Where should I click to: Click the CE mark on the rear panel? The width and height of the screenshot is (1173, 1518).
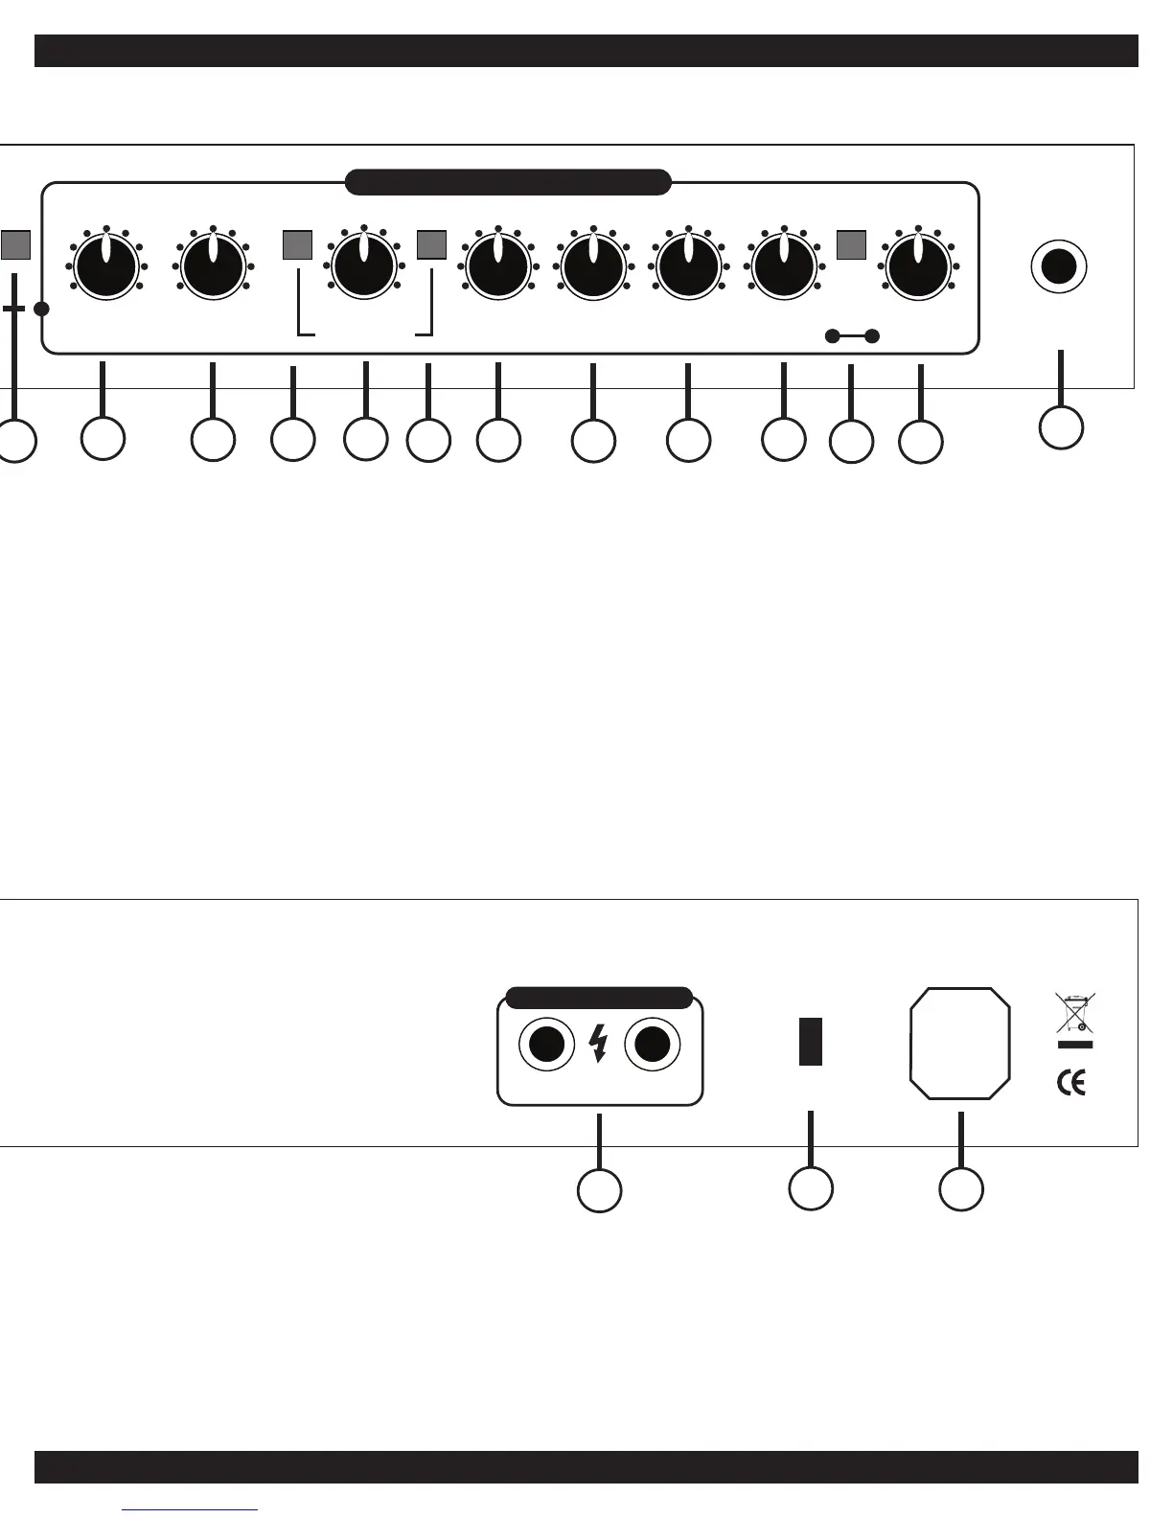tap(1071, 1083)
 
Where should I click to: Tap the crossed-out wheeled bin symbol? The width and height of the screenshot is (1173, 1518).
tap(1075, 1013)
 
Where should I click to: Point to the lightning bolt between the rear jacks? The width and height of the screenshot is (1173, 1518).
tap(599, 1044)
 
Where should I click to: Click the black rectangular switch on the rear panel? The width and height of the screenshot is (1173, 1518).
tap(810, 1042)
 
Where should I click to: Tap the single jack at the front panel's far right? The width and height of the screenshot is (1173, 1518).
tap(1058, 266)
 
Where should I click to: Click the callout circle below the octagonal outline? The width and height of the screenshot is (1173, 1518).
tap(960, 1188)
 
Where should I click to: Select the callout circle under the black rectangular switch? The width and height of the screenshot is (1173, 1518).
tap(811, 1188)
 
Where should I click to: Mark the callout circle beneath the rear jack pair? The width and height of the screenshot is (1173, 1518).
tap(599, 1190)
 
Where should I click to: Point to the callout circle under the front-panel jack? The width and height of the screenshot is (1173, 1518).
tap(1061, 426)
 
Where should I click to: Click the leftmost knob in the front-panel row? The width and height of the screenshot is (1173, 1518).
tap(106, 266)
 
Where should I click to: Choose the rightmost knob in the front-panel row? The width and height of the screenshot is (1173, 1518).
tap(918, 266)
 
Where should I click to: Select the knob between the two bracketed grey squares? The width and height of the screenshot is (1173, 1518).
tap(364, 263)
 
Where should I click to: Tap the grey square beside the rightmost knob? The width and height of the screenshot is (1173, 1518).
tap(851, 244)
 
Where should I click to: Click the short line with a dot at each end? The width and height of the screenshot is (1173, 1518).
tap(852, 335)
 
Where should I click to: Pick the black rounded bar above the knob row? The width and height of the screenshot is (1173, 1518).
tap(507, 182)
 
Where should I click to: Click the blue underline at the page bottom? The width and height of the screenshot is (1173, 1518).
tap(190, 1510)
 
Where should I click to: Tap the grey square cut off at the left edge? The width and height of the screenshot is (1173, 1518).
tap(14, 245)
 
